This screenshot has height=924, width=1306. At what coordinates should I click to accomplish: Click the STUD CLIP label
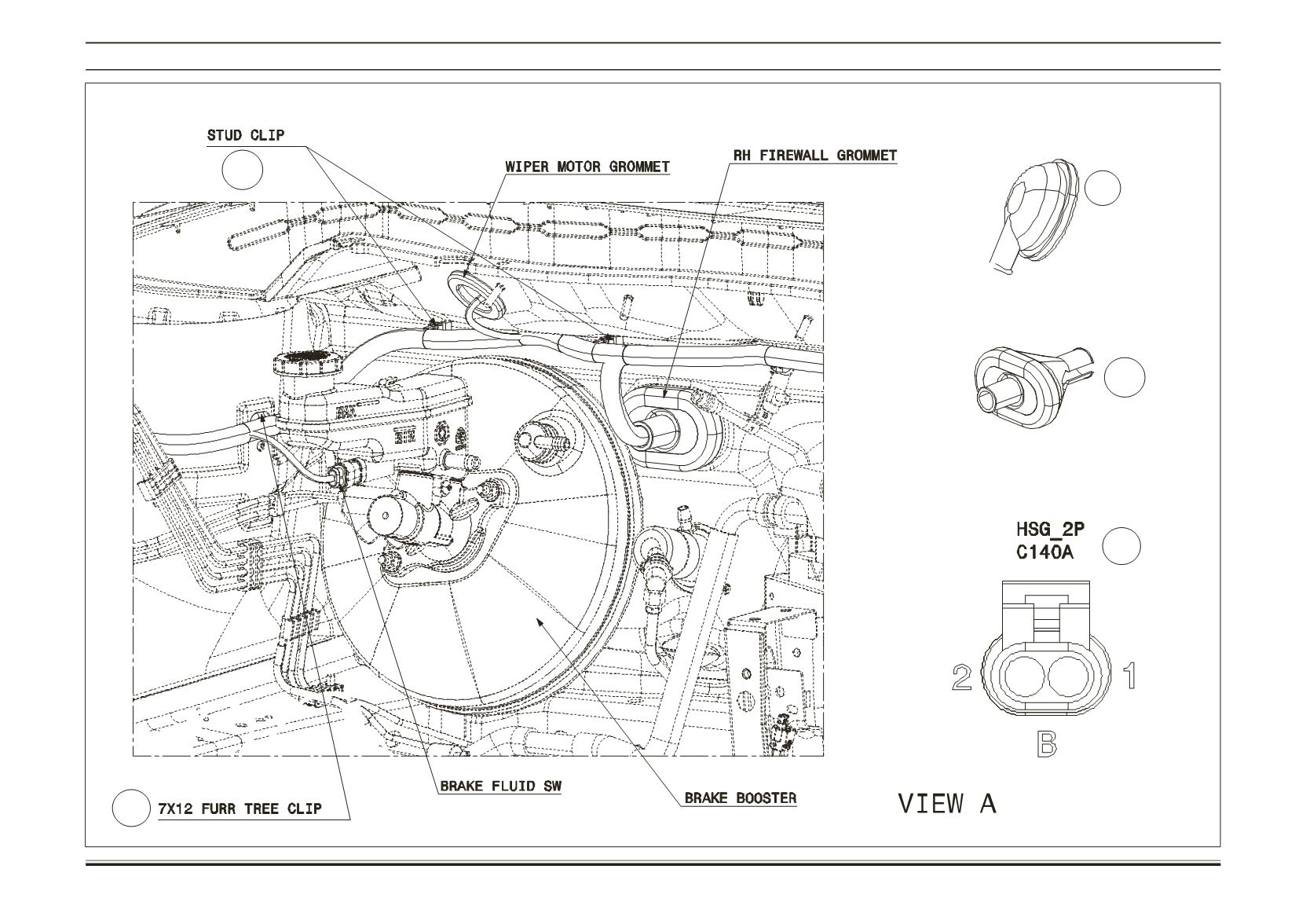coord(246,135)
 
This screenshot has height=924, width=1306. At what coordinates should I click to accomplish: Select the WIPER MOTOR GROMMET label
coord(587,167)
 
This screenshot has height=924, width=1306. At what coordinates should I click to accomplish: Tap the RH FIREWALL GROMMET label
coord(815,155)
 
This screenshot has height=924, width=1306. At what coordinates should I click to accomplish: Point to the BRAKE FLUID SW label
coord(501,786)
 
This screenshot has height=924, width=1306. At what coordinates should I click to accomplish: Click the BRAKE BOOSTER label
coord(741,798)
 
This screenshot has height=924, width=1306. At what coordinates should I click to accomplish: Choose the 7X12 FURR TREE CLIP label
coord(240,808)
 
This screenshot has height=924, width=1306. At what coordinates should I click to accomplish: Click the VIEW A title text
coord(947,803)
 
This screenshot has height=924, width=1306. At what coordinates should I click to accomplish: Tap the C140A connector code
coord(1044,552)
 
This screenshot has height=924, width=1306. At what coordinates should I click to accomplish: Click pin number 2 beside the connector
coord(962,678)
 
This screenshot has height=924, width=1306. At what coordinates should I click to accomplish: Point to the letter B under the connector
coord(1047,744)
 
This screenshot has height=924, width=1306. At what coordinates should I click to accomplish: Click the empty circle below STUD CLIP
coord(243,170)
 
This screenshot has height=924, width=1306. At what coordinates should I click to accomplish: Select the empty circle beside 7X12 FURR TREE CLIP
coord(131,808)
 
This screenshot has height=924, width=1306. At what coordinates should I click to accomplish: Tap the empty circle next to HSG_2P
coord(1121,546)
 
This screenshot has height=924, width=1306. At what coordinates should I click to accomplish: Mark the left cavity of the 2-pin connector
coord(1024,678)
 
